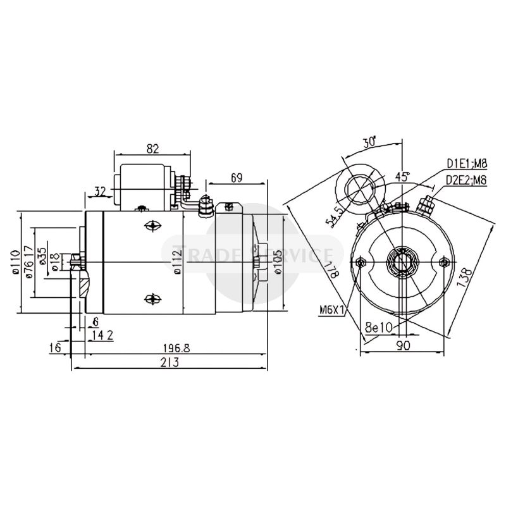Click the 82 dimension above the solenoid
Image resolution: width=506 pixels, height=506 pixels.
pyautogui.click(x=152, y=149)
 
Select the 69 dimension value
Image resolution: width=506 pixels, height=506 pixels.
pyautogui.click(x=237, y=178)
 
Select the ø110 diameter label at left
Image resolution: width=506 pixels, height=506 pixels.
pyautogui.click(x=15, y=263)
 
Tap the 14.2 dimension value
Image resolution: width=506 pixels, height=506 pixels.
pyautogui.click(x=102, y=336)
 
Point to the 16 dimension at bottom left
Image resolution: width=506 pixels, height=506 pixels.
pyautogui.click(x=57, y=348)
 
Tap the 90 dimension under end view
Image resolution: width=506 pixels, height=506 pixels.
pyautogui.click(x=403, y=345)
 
